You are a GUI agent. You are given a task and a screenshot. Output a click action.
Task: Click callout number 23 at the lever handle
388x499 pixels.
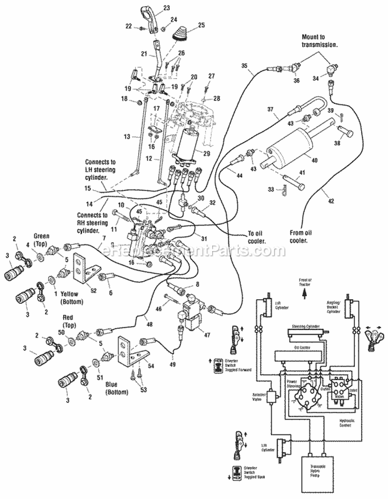[166, 7]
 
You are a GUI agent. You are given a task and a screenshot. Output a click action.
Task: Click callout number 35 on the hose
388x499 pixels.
[244, 65]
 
